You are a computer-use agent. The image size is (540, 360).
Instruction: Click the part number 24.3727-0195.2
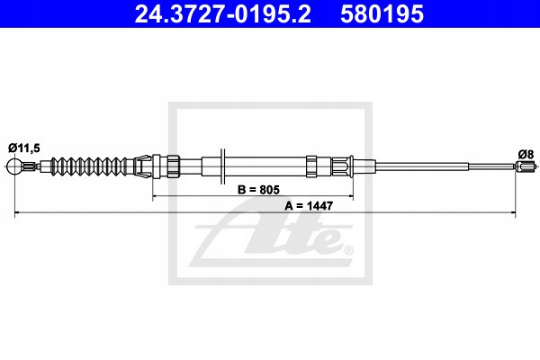click(x=220, y=14)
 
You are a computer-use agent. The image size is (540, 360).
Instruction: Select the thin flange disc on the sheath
click(x=221, y=166)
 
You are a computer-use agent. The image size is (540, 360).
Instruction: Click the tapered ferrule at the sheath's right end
click(x=347, y=166)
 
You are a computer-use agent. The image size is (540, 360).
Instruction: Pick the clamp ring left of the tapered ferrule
click(x=311, y=166)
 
